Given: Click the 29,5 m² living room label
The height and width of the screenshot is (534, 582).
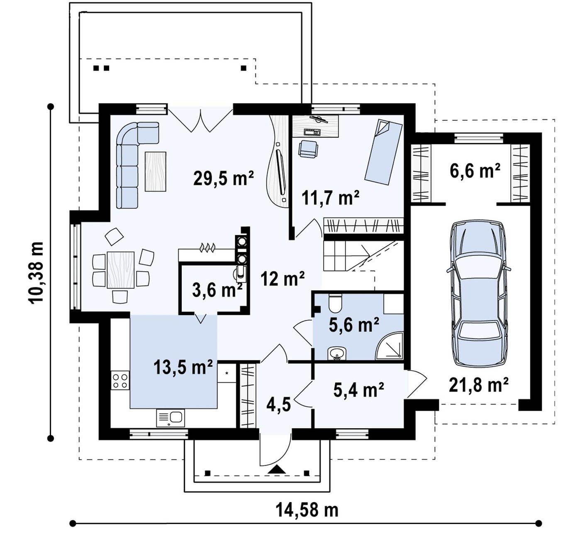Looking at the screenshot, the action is pyautogui.click(x=224, y=178).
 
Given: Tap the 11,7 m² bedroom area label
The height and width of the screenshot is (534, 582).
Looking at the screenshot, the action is pyautogui.click(x=331, y=197).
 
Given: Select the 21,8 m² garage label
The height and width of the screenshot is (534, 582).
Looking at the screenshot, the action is pyautogui.click(x=478, y=385).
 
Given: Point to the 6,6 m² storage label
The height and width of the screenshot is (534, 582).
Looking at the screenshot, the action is pyautogui.click(x=475, y=170).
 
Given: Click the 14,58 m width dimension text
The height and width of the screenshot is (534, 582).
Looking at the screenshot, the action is pyautogui.click(x=307, y=510).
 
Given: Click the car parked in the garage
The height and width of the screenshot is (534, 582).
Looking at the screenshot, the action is pyautogui.click(x=479, y=294).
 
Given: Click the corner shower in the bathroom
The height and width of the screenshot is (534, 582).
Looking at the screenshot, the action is pyautogui.click(x=390, y=346).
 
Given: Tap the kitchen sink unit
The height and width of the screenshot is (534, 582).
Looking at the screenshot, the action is pyautogui.click(x=170, y=418).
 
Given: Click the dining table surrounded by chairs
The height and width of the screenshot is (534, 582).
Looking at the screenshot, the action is pyautogui.click(x=121, y=270).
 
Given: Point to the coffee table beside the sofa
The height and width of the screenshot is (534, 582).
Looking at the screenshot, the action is pyautogui.click(x=156, y=171).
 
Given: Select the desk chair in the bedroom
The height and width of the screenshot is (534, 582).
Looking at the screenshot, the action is pyautogui.click(x=309, y=149).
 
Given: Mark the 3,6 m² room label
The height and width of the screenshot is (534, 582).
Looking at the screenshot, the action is pyautogui.click(x=217, y=290).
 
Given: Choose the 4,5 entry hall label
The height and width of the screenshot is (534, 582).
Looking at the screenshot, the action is pyautogui.click(x=278, y=405).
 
